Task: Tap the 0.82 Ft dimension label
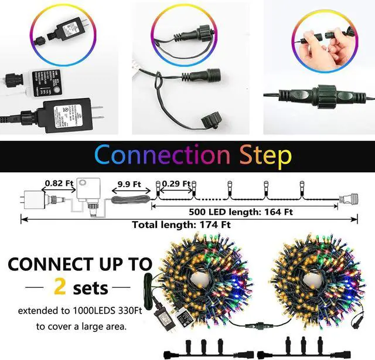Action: [x=58, y=183]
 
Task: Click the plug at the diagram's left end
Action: [x=30, y=199]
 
